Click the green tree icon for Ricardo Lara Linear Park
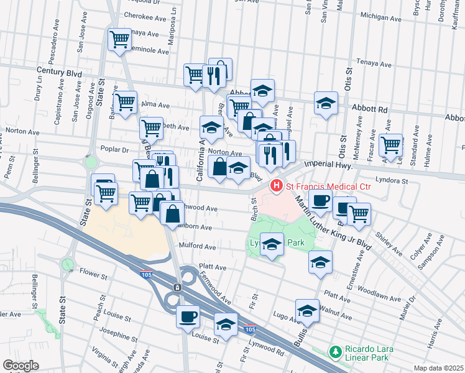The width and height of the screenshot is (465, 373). click(336, 352)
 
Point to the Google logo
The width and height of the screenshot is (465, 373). click(21, 365)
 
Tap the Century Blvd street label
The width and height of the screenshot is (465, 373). click(59, 73)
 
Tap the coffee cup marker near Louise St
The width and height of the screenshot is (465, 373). click(188, 317)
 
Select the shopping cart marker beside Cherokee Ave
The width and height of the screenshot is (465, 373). click(119, 40)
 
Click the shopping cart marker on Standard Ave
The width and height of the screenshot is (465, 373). click(391, 144)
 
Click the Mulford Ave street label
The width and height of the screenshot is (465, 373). click(197, 247)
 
